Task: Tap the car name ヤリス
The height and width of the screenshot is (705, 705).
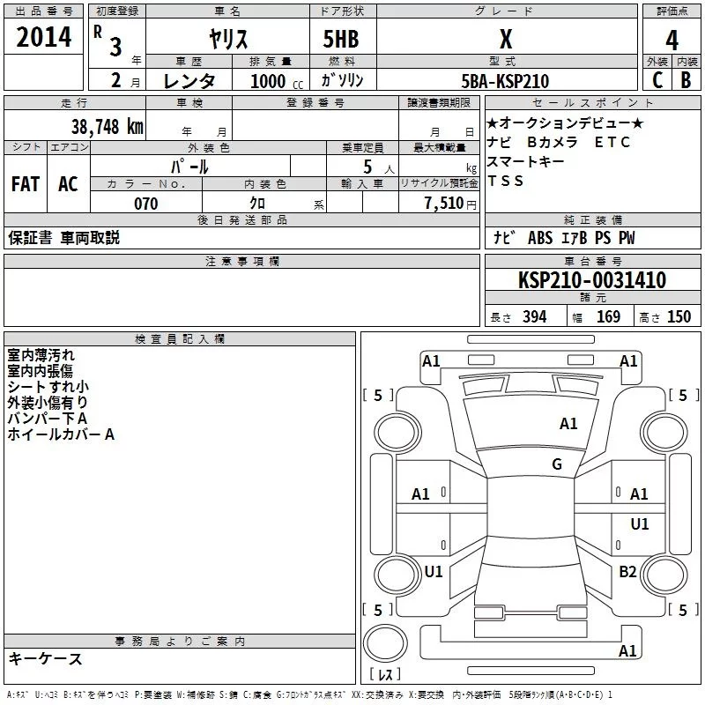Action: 227,39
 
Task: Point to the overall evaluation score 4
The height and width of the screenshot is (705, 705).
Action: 672,40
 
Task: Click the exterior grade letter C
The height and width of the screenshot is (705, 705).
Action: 657,80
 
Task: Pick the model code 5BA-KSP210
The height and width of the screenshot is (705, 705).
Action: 505,81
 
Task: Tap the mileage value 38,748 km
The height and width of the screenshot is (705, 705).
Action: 107,126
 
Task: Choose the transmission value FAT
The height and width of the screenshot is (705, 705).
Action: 25,183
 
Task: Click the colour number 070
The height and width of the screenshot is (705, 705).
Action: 145,204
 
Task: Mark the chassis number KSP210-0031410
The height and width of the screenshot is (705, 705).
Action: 592,280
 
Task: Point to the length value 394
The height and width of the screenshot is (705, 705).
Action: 534,316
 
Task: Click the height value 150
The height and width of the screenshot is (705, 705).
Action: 679,316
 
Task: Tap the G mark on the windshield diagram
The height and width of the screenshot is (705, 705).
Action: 557,464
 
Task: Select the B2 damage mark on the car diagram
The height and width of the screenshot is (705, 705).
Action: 627,572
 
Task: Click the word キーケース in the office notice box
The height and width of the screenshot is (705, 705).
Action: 45,658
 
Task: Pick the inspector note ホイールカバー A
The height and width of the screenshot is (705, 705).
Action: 61,434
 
